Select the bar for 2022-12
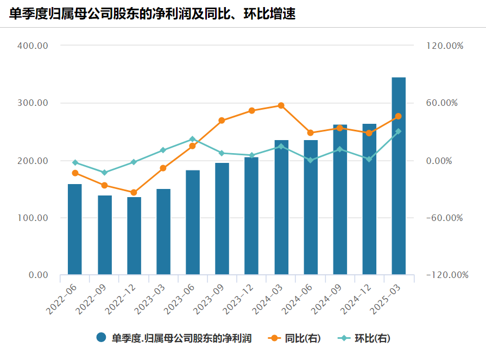[134, 236]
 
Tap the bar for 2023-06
[193, 222]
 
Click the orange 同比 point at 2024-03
[281, 105]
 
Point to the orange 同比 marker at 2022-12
[134, 192]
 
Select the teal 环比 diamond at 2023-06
[193, 140]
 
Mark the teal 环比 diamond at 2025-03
[399, 131]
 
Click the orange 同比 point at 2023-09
[222, 121]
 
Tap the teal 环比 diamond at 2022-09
[105, 173]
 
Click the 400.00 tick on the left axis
[33, 46]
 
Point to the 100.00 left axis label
[33, 218]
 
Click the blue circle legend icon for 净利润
[101, 338]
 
